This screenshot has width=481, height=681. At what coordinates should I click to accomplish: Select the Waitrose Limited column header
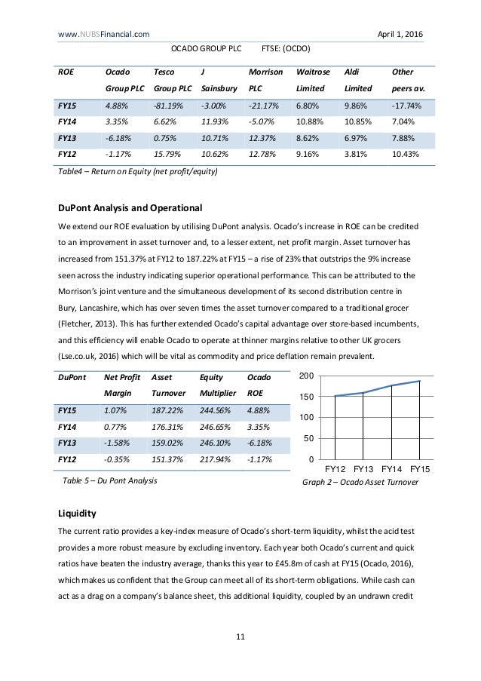[x=313, y=81]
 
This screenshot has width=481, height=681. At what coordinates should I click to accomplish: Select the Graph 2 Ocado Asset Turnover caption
[x=360, y=481]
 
